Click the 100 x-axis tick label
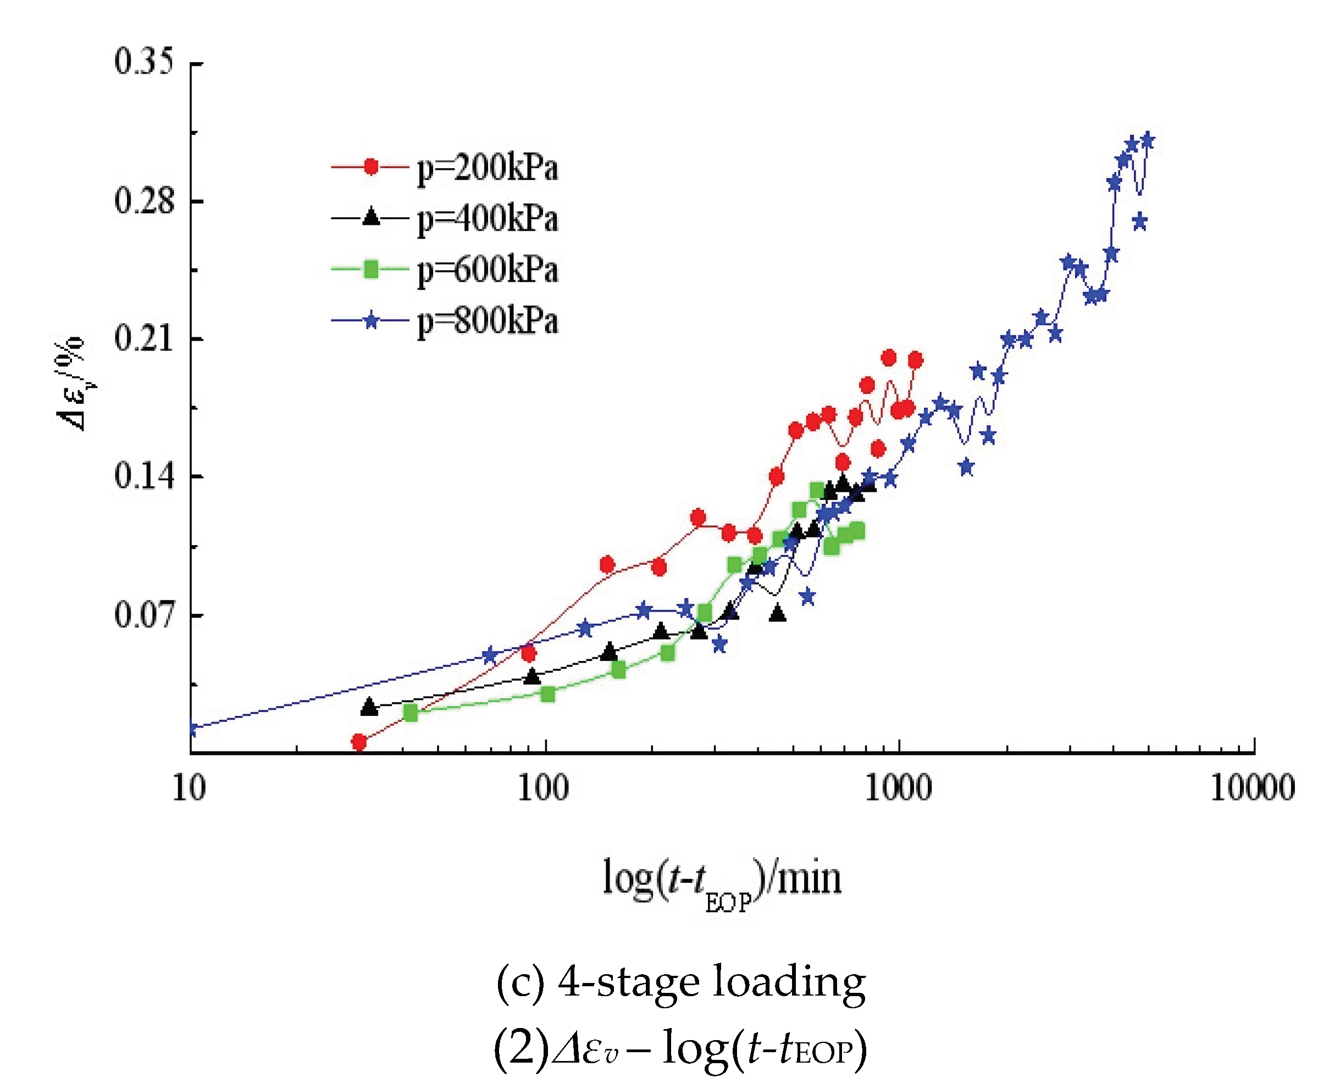point(544,788)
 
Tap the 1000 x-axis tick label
point(898,788)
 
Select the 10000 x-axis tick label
point(1253,788)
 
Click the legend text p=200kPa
point(488,168)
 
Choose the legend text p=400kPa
point(488,219)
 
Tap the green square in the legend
point(372,270)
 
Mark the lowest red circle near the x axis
point(359,743)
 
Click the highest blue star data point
point(1148,140)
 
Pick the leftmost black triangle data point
point(369,707)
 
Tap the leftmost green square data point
point(411,713)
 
